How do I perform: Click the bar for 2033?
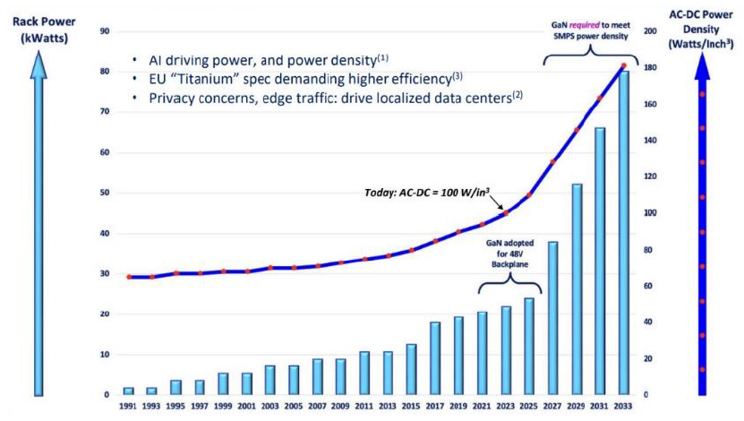623,233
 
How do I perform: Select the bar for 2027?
553,318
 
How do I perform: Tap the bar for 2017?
435,358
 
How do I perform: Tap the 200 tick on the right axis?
650,30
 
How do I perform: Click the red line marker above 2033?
623,66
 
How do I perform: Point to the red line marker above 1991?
129,277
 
